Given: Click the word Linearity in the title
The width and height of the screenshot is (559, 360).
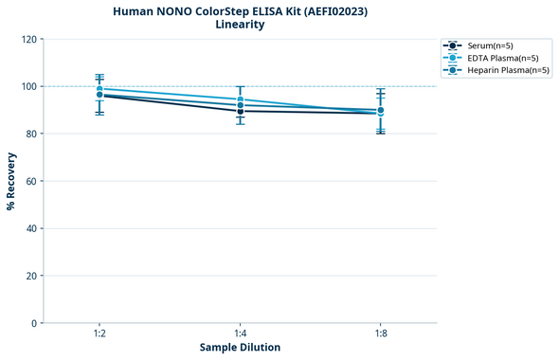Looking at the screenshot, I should pos(240,25).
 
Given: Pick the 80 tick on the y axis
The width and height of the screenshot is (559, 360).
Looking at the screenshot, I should pos(29,134).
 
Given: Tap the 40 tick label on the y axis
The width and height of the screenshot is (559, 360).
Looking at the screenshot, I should pos(29,228).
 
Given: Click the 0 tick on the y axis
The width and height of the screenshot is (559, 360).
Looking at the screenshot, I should pos(33,323).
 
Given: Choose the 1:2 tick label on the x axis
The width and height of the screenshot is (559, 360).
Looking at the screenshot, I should pos(99,334).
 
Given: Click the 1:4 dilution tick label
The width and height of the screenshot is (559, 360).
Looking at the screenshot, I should pos(240,334).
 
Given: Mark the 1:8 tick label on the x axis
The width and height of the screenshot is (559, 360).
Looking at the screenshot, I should pos(380,334).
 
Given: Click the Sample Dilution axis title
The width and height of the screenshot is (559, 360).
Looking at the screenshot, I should pos(240,348).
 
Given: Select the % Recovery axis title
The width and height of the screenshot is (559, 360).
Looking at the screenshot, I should pos(11,181).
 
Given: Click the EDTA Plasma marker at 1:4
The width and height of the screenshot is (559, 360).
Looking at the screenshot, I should pos(241,99).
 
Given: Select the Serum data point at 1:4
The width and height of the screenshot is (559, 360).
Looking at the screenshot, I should pos(241,111).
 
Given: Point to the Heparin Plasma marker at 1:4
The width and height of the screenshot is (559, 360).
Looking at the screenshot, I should pos(241,105).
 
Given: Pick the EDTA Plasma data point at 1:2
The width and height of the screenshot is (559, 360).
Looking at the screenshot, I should pos(99,89).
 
